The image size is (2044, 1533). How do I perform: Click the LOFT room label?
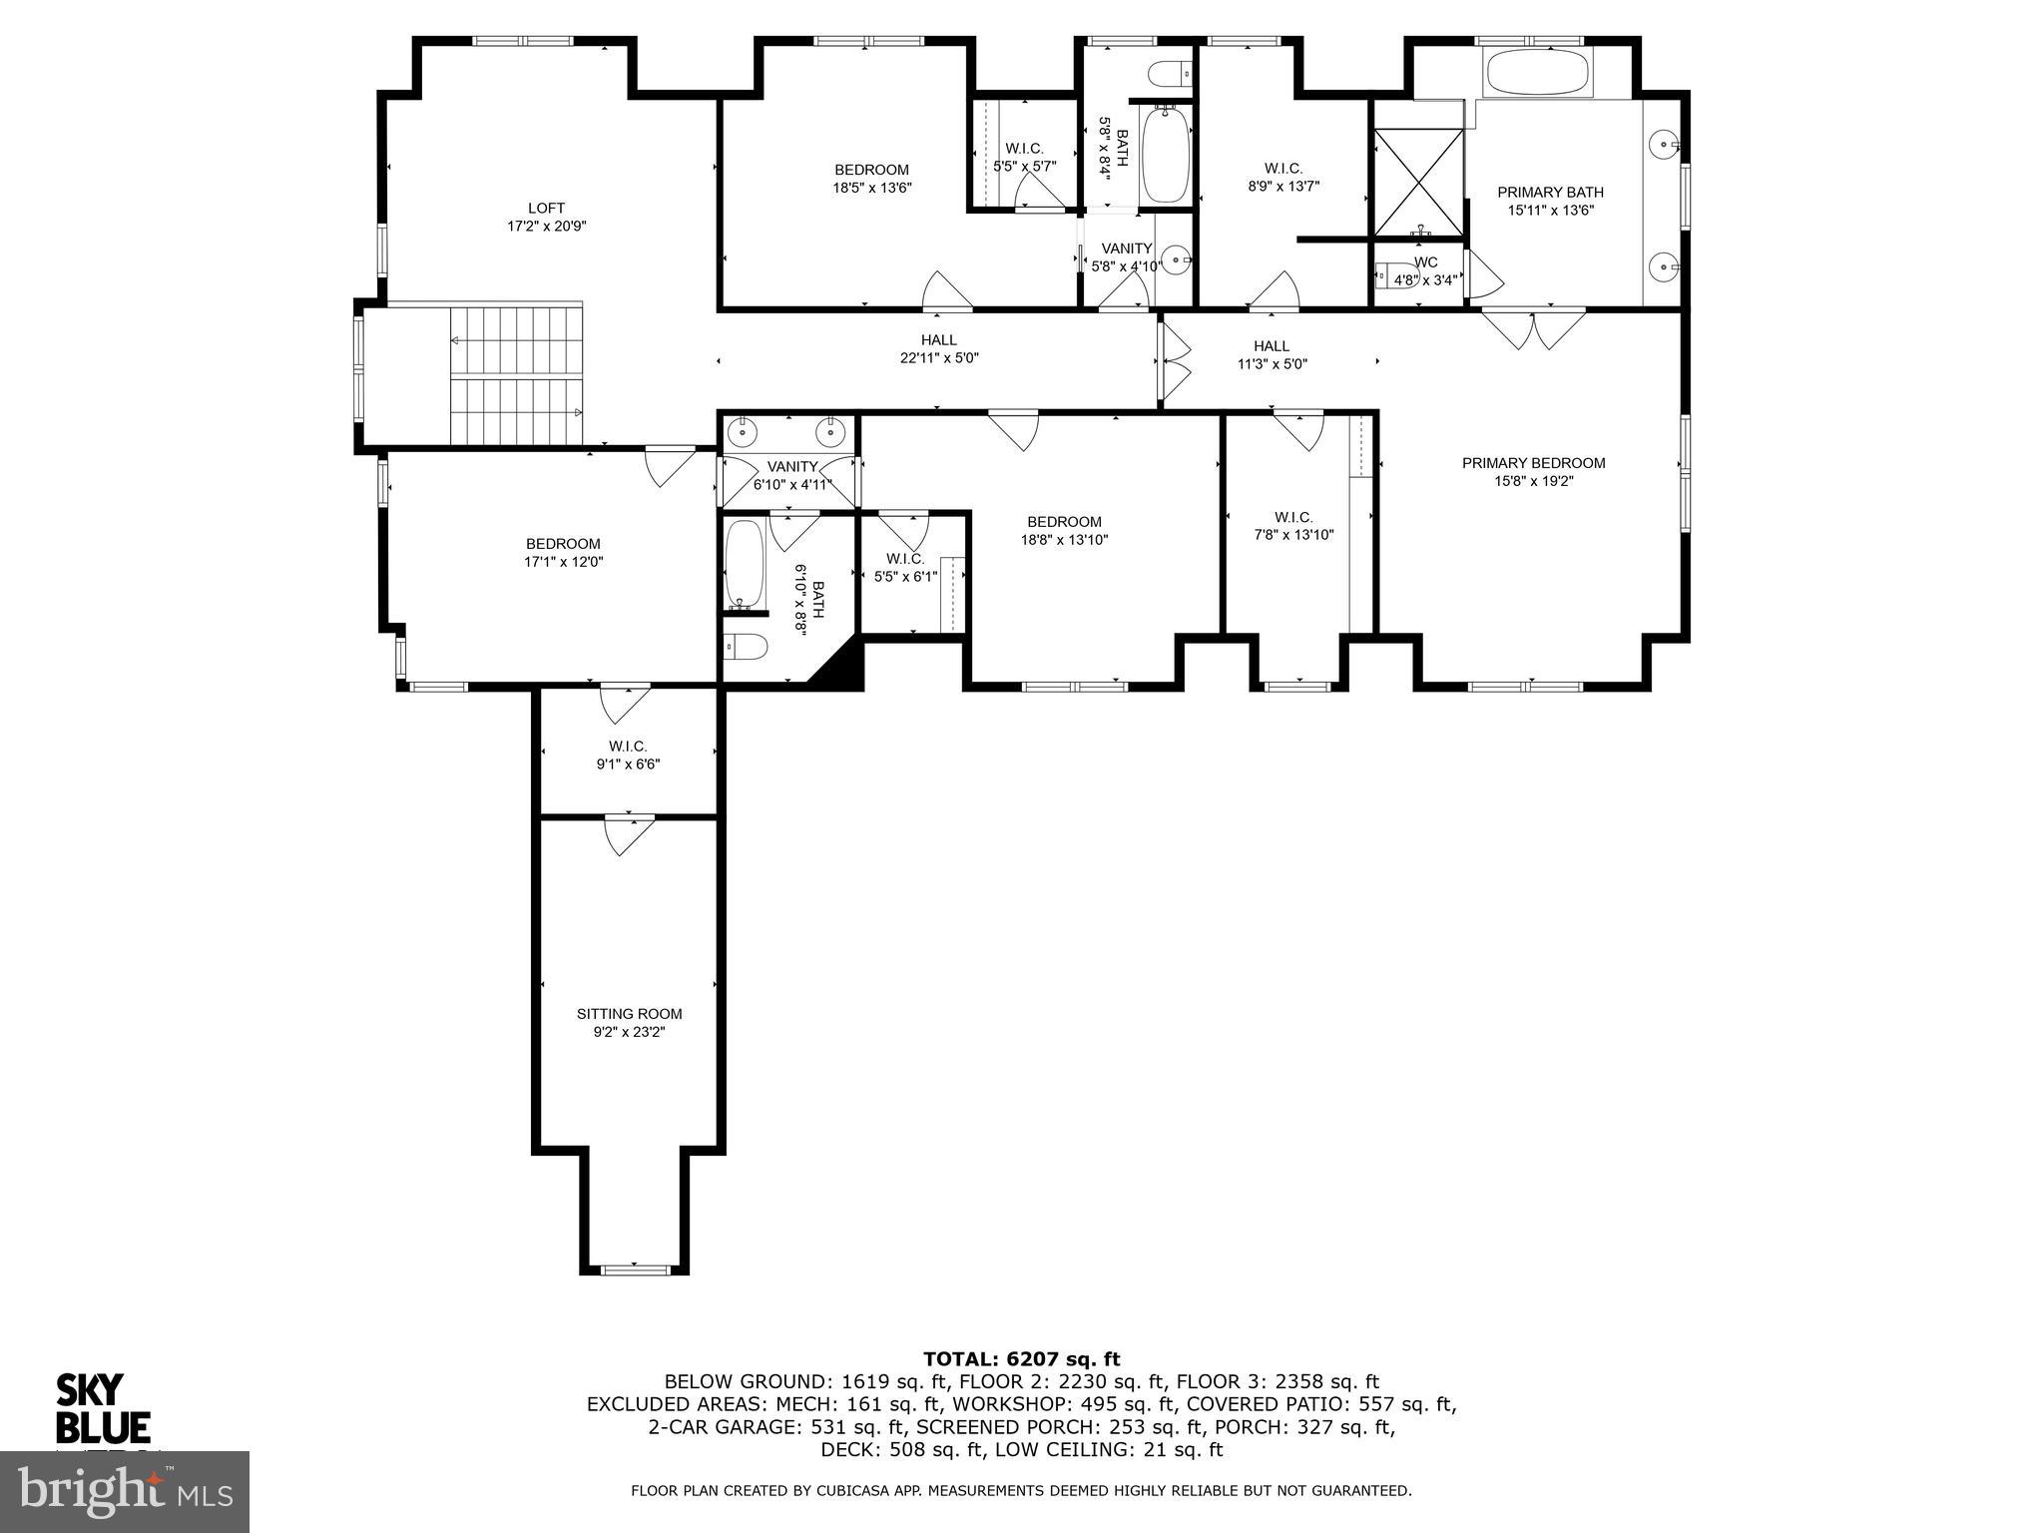[546, 209]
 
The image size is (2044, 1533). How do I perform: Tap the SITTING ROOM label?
[629, 1014]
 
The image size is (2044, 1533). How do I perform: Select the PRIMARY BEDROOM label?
[1533, 463]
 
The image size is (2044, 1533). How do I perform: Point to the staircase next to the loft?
[515, 375]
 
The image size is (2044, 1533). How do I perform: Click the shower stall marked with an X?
[1418, 182]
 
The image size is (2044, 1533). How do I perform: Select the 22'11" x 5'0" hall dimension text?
[938, 358]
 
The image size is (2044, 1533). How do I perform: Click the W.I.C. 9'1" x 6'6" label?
[628, 756]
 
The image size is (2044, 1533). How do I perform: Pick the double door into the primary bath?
[1532, 327]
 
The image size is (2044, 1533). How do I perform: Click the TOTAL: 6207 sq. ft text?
[1021, 1358]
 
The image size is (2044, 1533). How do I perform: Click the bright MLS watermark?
[125, 1492]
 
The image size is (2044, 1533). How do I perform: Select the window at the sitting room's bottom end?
[635, 1269]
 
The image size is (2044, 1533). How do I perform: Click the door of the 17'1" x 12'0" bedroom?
[669, 464]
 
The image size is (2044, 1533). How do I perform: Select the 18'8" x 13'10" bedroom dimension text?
[1064, 540]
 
